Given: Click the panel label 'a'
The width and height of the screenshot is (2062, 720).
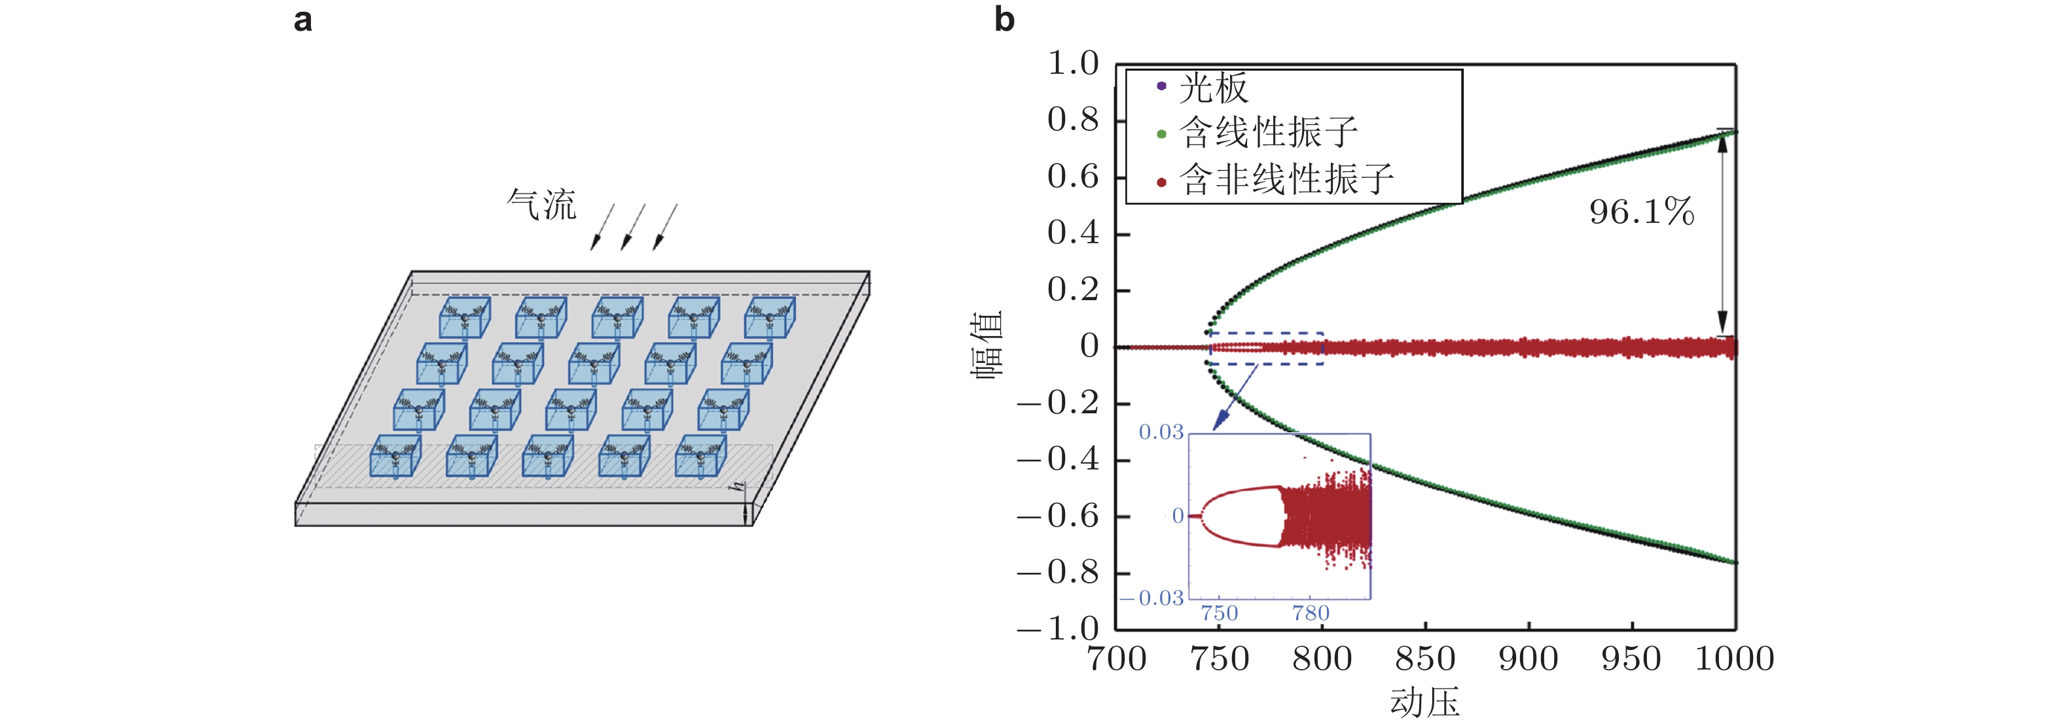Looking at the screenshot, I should (302, 21).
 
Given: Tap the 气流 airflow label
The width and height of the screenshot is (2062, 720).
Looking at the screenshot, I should (542, 205).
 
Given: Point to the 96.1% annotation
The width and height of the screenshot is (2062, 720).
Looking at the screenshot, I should (1641, 212).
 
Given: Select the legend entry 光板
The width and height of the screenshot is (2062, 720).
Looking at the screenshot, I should (1213, 87).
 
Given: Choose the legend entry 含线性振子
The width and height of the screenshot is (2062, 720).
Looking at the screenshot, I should (1268, 133).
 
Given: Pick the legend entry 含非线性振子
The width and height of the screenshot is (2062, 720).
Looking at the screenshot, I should (1286, 179).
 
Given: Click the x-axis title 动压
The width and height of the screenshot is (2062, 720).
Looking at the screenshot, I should (1425, 702).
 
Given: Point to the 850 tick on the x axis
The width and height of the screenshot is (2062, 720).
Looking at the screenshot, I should (1425, 659).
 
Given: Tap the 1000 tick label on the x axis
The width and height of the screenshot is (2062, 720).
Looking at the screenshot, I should (1735, 659).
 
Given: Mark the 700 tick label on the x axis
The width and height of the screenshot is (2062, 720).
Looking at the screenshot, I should (1117, 659).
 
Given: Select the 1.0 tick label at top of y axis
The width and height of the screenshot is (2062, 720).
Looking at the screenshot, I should (1073, 63).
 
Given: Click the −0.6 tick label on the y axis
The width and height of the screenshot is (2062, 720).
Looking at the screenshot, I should (1058, 516).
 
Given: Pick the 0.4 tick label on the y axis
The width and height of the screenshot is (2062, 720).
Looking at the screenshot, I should (1073, 233).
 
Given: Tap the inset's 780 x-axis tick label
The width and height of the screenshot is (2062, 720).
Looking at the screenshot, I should (1311, 613).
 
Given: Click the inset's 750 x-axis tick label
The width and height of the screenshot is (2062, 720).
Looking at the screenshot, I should (1219, 613).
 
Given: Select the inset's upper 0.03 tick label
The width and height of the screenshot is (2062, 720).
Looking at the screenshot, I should (1161, 433).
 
